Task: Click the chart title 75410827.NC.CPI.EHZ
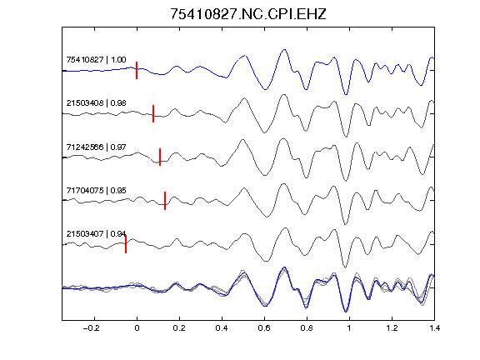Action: click(248, 14)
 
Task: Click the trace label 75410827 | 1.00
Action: click(96, 59)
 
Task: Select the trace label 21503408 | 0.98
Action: click(96, 103)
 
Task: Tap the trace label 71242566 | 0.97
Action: click(96, 147)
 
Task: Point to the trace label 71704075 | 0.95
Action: click(96, 190)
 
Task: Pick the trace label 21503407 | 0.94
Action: click(96, 234)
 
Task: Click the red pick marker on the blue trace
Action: click(137, 70)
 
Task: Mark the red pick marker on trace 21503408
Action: click(153, 113)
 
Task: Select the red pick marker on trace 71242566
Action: click(160, 157)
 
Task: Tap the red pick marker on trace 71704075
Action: click(165, 201)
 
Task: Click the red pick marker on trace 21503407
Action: click(126, 244)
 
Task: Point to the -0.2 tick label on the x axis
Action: click(92, 328)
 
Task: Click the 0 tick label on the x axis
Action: click(137, 328)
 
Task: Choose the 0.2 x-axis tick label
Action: click(179, 328)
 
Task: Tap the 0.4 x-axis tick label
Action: click(222, 328)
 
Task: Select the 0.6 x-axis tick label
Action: click(264, 328)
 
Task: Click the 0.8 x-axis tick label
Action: click(307, 328)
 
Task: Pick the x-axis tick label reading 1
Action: click(349, 328)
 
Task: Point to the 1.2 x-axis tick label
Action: click(392, 328)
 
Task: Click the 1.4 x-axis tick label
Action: click(434, 328)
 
